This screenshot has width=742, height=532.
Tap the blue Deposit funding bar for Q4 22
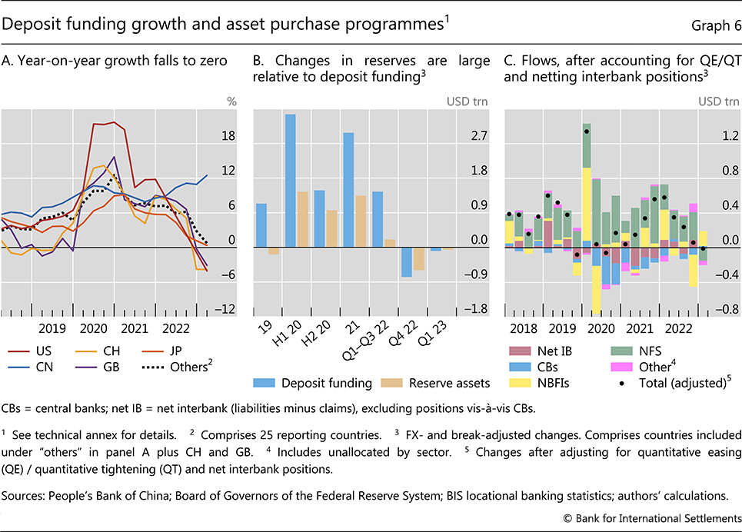tap(407, 262)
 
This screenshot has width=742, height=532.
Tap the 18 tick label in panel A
tap(228, 136)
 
